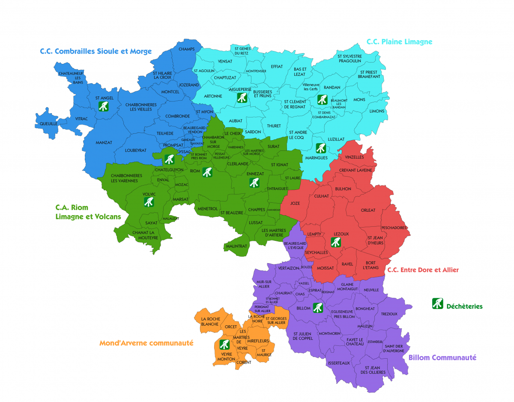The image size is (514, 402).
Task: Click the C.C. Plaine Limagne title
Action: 399,42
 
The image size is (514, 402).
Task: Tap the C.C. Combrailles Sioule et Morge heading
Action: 96,51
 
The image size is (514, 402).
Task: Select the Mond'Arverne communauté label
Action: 146,343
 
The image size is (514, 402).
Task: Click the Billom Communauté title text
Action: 442,357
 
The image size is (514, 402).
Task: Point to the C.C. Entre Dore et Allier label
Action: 423,270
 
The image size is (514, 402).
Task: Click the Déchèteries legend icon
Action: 437,303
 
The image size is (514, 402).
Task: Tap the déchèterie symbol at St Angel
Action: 103,106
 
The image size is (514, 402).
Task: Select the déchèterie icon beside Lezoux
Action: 336,242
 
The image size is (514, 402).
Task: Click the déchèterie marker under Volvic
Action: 149,202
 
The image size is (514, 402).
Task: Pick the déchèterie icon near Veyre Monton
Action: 224,345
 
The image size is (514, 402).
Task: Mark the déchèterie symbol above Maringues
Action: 321,148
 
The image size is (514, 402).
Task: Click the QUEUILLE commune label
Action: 48,123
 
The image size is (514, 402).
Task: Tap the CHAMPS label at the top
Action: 186,49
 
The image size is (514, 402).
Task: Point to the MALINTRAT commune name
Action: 236,246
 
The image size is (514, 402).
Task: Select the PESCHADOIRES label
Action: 394,228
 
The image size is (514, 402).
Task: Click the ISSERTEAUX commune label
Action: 338,363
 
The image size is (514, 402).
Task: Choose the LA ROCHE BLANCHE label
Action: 210,322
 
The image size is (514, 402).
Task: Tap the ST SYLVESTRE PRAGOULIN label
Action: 350,59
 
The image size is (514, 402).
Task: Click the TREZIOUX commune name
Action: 388,314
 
